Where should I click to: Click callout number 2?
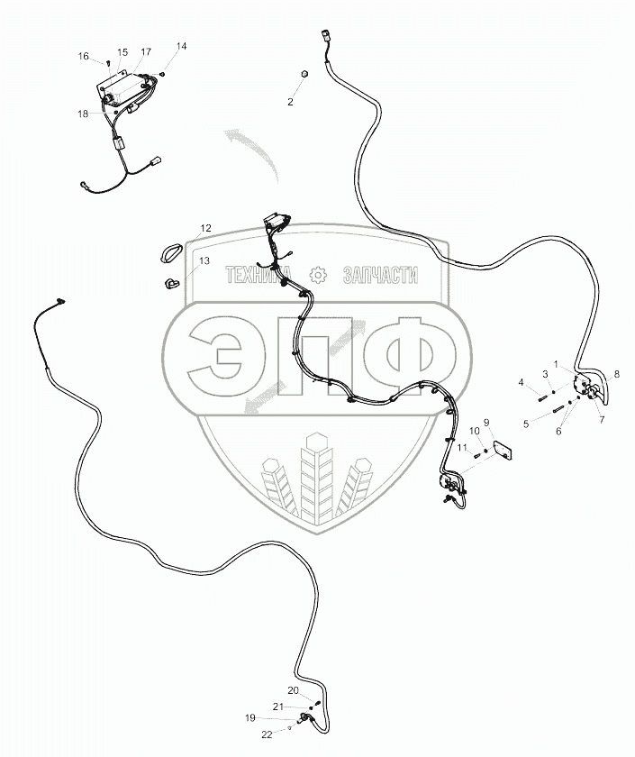[x=290, y=102]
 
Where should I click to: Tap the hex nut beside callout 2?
[x=304, y=73]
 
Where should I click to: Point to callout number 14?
[x=182, y=45]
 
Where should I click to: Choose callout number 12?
[x=206, y=229]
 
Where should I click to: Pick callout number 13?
[x=204, y=260]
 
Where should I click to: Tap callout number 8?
[x=617, y=373]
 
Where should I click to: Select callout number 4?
[x=521, y=383]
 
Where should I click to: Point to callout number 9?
[x=486, y=422]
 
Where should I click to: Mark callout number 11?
[x=459, y=448]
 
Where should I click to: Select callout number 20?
[x=293, y=690]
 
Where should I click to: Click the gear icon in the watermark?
[x=316, y=275]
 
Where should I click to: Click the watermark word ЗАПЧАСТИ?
[x=381, y=275]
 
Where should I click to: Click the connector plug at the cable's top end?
[x=325, y=37]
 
